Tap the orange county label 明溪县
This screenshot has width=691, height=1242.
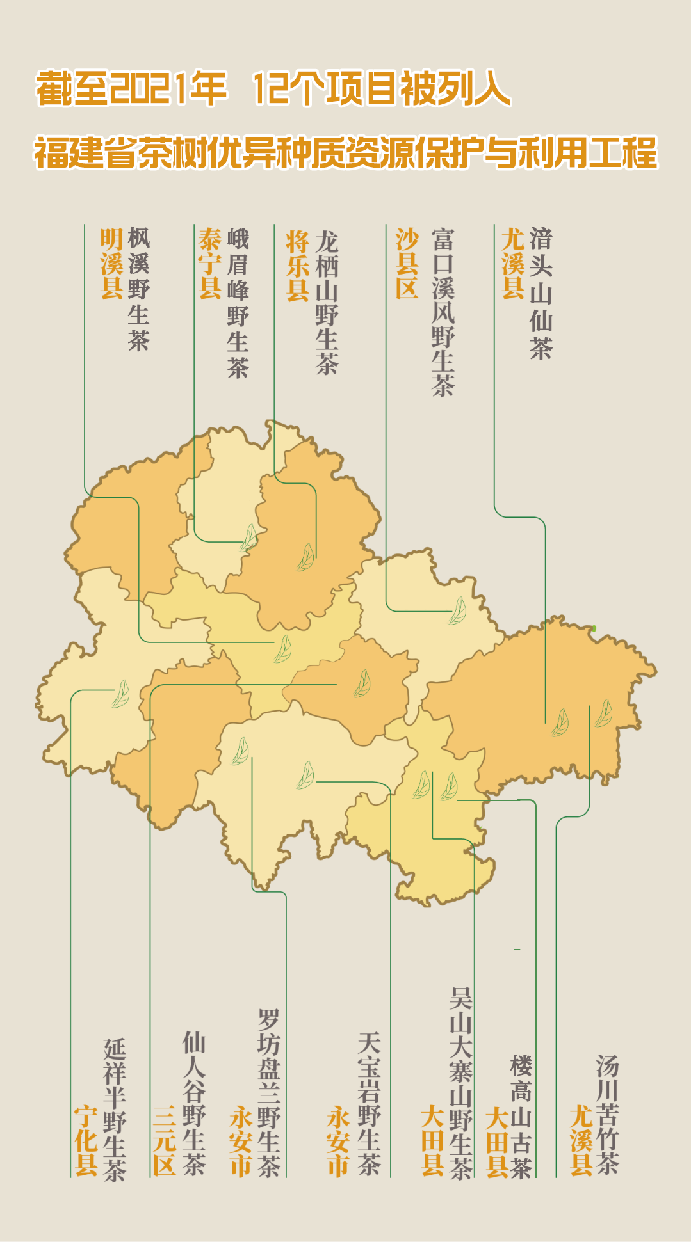click(x=111, y=264)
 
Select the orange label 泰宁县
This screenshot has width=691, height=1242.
click(x=210, y=264)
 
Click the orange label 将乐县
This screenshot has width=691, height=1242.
click(x=298, y=266)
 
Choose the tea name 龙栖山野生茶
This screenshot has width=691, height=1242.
click(x=327, y=302)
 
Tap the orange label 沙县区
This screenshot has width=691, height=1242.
click(x=407, y=264)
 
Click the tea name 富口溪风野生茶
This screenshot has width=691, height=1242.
click(x=443, y=312)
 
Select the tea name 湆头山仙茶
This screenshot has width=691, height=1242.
click(x=541, y=293)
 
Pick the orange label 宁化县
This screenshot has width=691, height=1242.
click(x=86, y=1140)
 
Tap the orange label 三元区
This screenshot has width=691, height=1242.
click(x=165, y=1140)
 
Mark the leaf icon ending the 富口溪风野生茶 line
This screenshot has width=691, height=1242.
click(x=457, y=611)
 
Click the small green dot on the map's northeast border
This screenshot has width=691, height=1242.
click(x=594, y=628)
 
